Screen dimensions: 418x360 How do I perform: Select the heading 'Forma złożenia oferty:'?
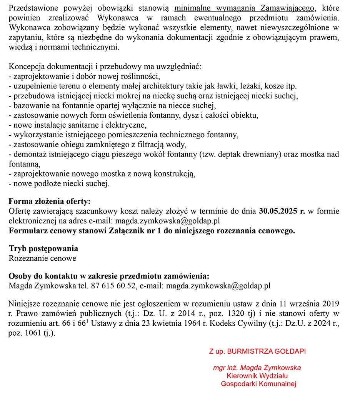coord(50,201)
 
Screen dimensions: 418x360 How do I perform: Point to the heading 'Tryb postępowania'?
coord(43,248)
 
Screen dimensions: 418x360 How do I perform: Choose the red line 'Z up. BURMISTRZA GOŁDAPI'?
coord(257,351)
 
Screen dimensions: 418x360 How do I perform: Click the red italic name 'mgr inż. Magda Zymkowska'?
coord(257,368)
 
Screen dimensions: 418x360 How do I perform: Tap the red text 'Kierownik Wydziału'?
coord(257,376)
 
